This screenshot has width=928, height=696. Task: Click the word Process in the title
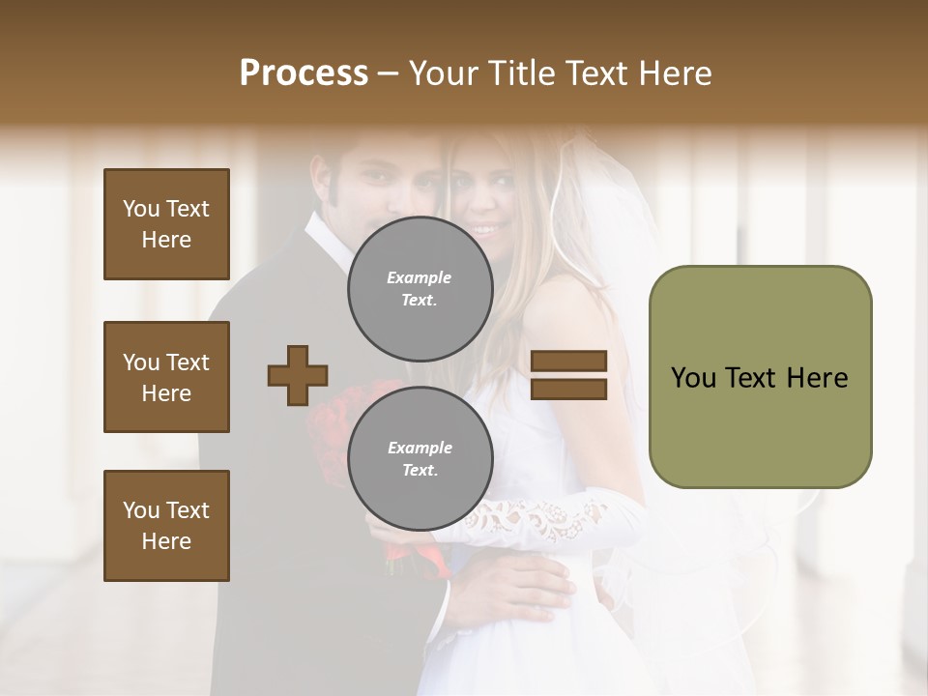304,73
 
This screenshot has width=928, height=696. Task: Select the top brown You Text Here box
166,224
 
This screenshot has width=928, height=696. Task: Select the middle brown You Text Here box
166,377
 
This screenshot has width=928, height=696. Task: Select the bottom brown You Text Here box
166,526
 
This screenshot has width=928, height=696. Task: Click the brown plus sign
298,375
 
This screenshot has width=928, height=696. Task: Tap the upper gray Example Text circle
420,288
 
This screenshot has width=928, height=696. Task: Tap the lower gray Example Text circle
420,458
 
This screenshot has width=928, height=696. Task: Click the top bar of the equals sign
568,361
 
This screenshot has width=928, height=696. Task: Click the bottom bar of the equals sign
568,389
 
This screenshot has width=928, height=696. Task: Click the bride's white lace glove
541,519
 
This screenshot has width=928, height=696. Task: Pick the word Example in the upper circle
420,277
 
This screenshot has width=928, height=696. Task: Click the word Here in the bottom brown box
166,541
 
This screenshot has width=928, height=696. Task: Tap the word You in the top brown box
140,209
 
